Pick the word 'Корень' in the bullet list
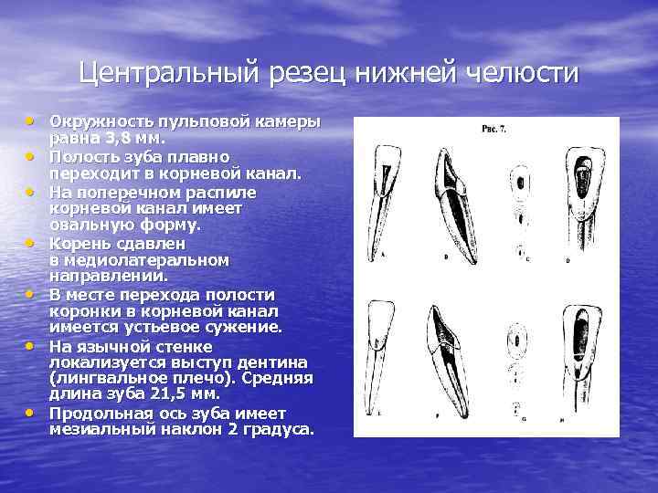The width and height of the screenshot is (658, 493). click(x=76, y=244)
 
